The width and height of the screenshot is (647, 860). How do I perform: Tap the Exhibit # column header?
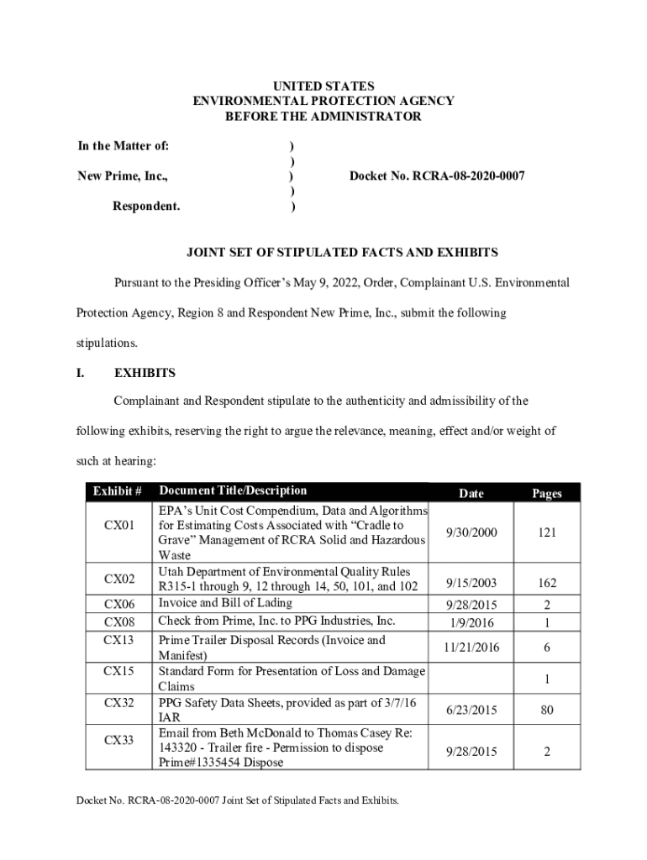coord(117,491)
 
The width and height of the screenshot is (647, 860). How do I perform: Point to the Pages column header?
coord(546,494)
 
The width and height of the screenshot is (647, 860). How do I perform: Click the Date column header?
coord(471,494)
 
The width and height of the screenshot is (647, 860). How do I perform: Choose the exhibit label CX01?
coord(118,526)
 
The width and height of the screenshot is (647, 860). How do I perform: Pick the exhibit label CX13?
coord(118,641)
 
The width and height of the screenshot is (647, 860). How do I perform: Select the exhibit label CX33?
coord(118,740)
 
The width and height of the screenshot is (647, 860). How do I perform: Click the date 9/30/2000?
coord(471,532)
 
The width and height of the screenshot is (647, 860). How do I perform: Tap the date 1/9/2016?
coord(471,623)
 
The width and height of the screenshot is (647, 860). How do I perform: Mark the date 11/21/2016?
coord(471,648)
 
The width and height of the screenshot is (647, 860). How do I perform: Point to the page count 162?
coord(546,583)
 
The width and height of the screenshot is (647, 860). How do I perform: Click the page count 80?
coord(546,711)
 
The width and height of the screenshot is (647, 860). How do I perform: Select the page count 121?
coord(546,532)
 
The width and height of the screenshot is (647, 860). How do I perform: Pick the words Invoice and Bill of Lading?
coord(225,603)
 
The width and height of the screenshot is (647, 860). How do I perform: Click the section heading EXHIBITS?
coord(145,372)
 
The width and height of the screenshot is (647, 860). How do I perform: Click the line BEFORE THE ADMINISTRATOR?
coord(323,117)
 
